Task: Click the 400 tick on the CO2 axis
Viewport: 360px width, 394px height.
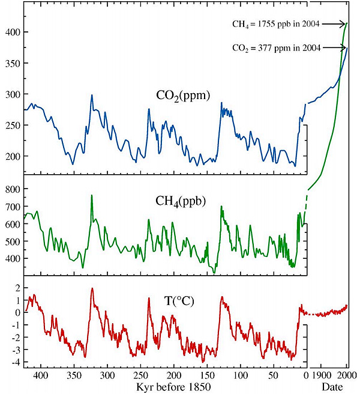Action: (x=11, y=32)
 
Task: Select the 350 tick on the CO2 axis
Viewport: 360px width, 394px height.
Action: (x=11, y=63)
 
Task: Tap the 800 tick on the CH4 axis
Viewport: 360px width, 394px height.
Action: (x=11, y=189)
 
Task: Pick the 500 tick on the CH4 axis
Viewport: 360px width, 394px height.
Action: (x=11, y=241)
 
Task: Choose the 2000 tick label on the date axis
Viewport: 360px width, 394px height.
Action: (x=346, y=375)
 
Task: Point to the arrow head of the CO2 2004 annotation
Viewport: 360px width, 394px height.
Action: (x=346, y=47)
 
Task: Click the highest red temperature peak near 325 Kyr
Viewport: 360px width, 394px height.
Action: (x=92, y=289)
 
